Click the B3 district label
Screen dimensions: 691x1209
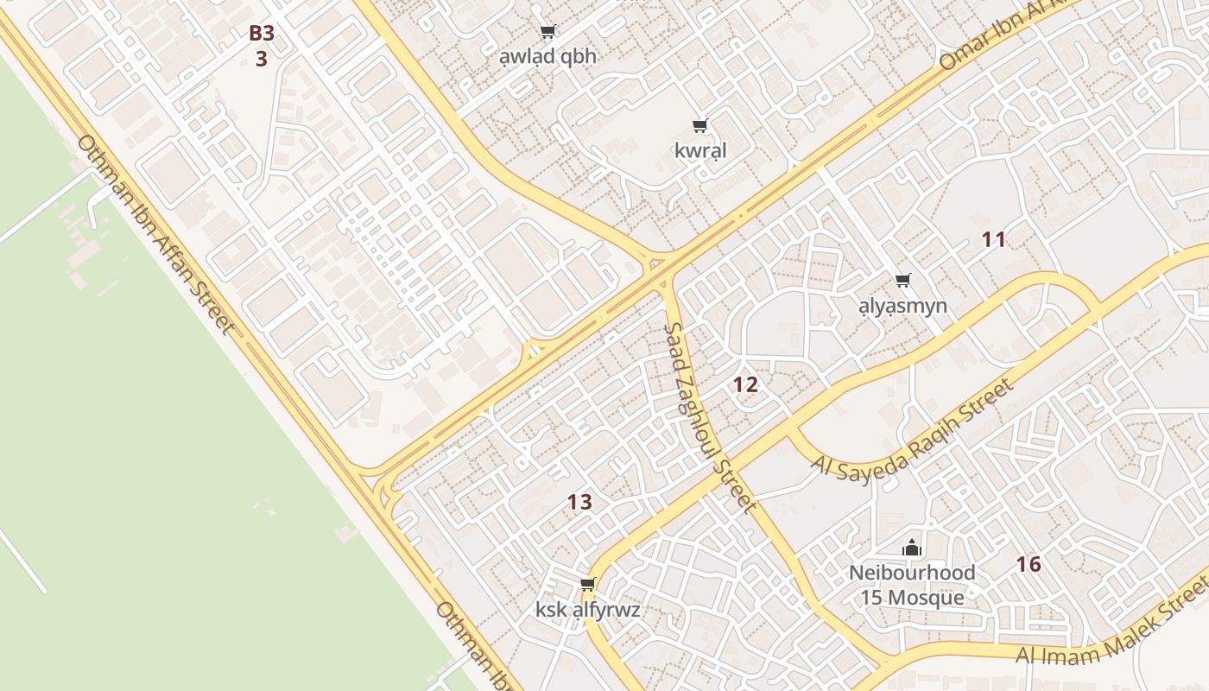tap(262, 34)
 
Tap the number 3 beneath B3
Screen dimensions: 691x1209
tap(262, 59)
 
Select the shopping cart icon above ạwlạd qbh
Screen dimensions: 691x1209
tap(548, 32)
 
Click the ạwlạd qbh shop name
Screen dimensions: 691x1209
tap(548, 56)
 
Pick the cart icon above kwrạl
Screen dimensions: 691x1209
tap(700, 126)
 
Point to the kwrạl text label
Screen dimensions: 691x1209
tap(700, 150)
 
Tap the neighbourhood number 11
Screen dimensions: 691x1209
tap(994, 240)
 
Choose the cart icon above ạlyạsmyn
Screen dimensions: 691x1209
tap(903, 280)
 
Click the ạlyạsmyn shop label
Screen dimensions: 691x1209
tap(903, 306)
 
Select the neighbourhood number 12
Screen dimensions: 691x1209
tap(745, 385)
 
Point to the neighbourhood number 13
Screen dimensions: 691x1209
tap(579, 502)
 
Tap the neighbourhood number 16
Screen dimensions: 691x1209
tap(1028, 565)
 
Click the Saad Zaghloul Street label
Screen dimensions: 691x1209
tap(710, 419)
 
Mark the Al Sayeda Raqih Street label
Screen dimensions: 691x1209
tap(914, 428)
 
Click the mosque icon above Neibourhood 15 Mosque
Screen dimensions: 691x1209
tap(912, 548)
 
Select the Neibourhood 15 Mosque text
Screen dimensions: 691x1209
tap(912, 586)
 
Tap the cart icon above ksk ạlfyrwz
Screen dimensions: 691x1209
tap(588, 585)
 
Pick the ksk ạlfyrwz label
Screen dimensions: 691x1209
tap(588, 610)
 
